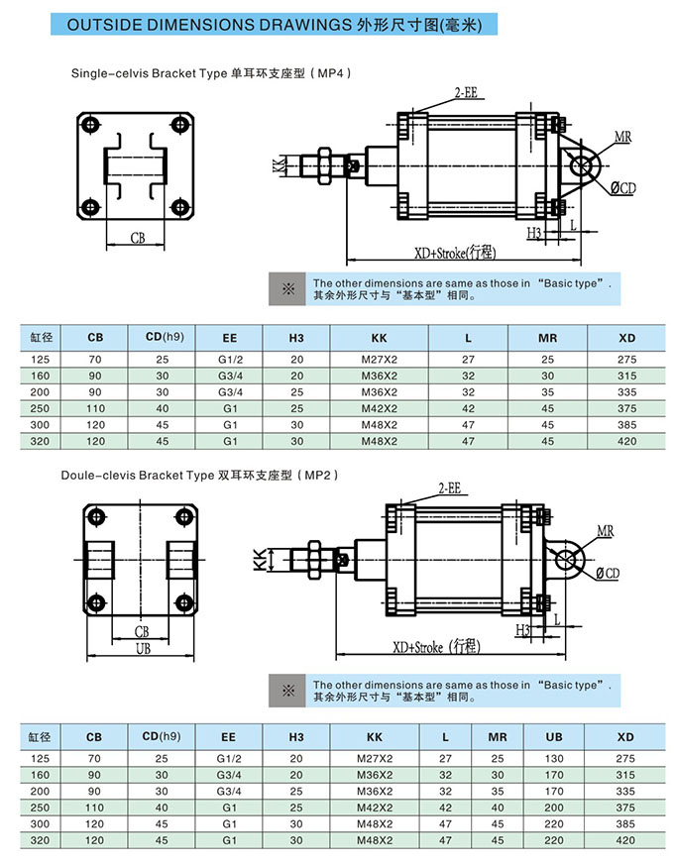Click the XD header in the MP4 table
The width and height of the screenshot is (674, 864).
[626, 338]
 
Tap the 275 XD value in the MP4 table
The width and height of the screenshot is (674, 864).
[626, 360]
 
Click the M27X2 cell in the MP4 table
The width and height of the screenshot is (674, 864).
[378, 360]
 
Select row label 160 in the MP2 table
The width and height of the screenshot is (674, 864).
[39, 775]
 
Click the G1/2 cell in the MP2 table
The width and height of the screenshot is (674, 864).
[229, 759]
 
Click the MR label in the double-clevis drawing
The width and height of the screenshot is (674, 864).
[605, 532]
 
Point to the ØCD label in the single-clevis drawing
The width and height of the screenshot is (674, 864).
[621, 188]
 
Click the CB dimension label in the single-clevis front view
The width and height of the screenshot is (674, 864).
[139, 237]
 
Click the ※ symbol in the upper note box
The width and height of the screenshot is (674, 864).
[289, 288]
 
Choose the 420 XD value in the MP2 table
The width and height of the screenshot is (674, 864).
[625, 840]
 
